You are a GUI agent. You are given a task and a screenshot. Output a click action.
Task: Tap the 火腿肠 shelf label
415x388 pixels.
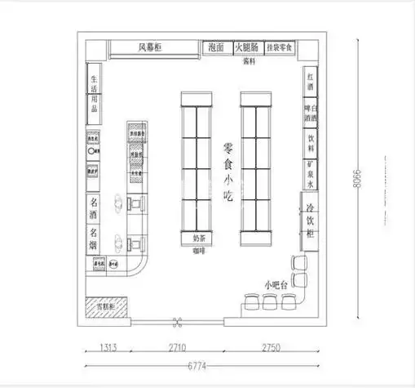pos(248,48)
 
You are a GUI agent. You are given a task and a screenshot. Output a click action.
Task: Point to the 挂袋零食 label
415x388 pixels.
pos(280,48)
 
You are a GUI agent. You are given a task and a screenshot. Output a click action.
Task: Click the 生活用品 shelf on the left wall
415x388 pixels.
pos(95,94)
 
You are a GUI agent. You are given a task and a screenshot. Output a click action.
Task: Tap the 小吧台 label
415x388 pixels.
pos(276,285)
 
